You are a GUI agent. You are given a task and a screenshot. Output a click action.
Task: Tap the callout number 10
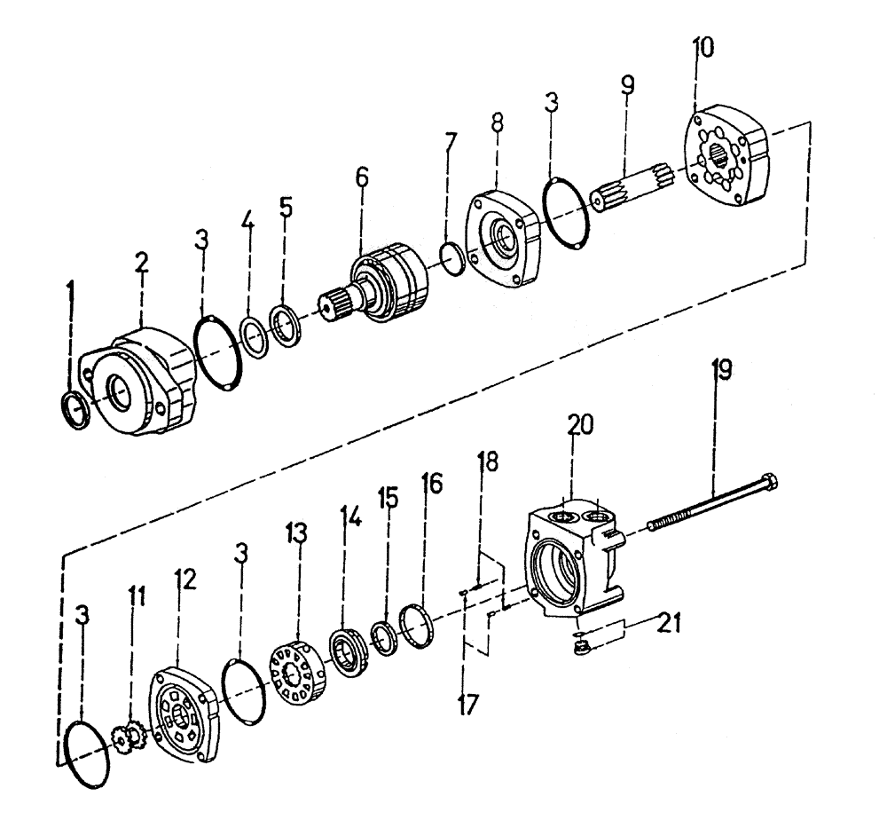coord(703,46)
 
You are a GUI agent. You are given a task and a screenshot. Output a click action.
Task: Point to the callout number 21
coord(670,623)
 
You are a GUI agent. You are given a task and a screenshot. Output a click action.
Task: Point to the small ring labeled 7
coord(452,256)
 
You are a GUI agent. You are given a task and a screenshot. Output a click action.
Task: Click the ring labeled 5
coord(286,327)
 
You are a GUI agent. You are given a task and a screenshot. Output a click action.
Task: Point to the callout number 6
coord(361,177)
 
